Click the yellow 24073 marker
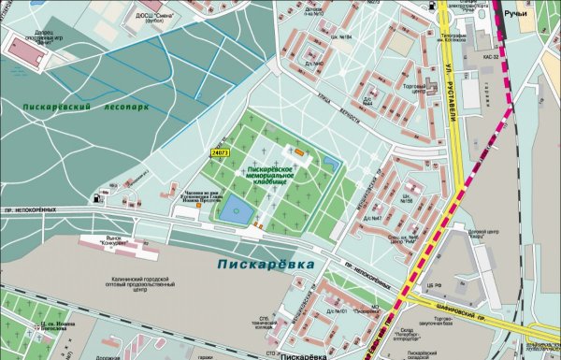(x=221, y=151)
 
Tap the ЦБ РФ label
(x=431, y=284)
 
